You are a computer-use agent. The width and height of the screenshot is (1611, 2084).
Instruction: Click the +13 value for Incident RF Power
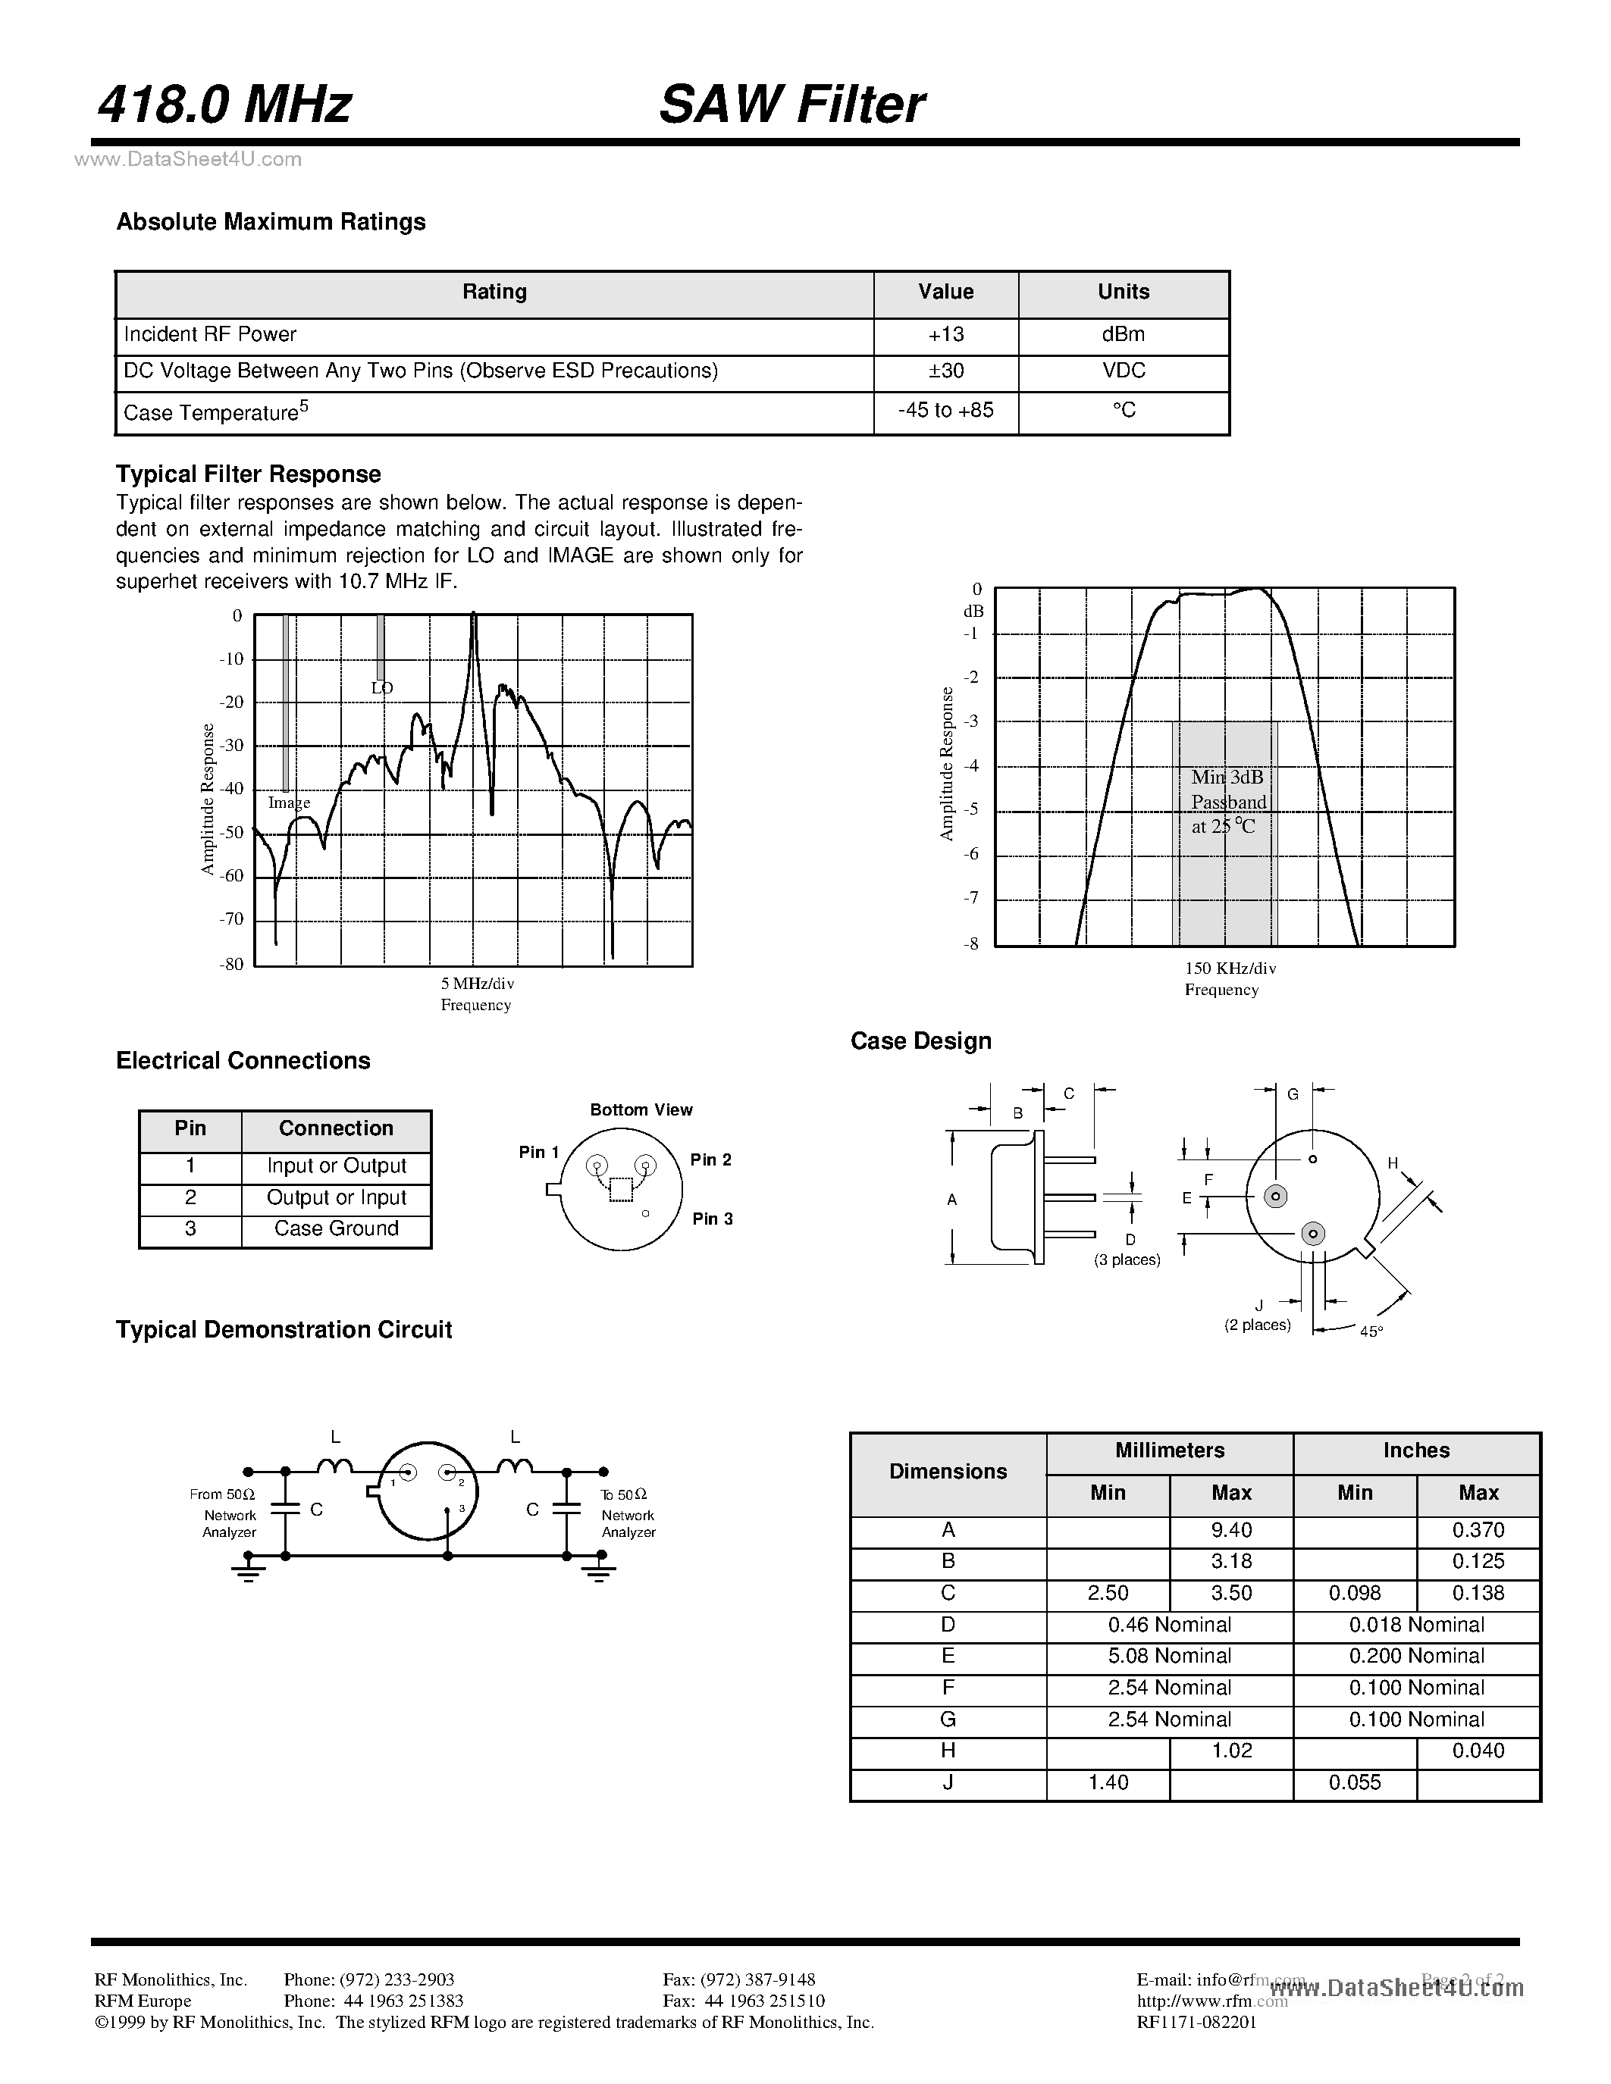[x=945, y=334]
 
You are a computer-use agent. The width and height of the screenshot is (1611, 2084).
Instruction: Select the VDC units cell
[x=1124, y=371]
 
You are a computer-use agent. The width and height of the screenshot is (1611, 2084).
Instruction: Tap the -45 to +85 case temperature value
[x=945, y=409]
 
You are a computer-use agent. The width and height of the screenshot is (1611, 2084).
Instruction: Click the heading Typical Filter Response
[x=248, y=474]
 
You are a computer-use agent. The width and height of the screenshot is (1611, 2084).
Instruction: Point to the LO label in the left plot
[x=382, y=687]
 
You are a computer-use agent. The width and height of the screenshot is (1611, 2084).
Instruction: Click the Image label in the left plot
[x=288, y=803]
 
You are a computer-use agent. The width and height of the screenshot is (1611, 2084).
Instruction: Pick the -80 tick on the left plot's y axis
[x=231, y=964]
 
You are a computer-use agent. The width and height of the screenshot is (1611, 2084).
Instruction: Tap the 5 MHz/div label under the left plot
[x=477, y=983]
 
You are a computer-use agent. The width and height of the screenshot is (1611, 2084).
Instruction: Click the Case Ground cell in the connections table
[x=336, y=1228]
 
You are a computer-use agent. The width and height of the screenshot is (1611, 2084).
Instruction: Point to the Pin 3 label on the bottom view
[x=712, y=1219]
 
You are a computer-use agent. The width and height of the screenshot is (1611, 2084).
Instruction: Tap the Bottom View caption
[x=641, y=1109]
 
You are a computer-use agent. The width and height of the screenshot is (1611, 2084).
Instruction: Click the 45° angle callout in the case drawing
[x=1371, y=1331]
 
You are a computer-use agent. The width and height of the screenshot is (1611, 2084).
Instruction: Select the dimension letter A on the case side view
[x=951, y=1200]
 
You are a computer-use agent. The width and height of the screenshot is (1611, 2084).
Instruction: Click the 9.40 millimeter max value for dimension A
[x=1230, y=1529]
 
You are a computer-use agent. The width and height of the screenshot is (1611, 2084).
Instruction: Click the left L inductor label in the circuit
[x=335, y=1436]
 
